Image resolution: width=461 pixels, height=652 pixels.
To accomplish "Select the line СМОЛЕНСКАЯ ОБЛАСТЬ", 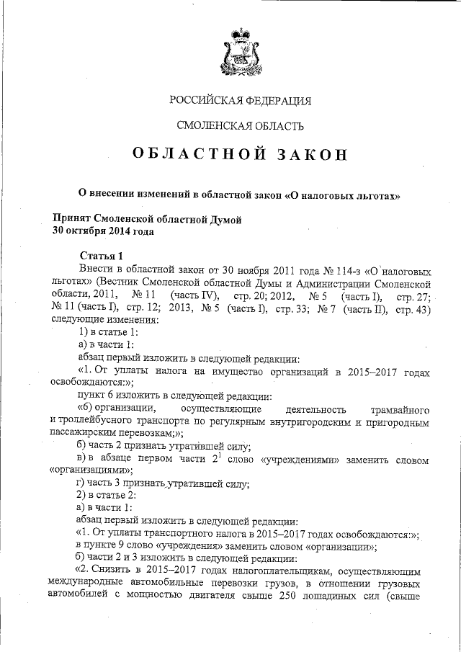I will (240, 125).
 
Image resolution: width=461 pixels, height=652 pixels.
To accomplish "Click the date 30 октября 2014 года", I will (103, 231).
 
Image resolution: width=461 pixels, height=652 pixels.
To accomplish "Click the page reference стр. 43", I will (413, 308).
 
